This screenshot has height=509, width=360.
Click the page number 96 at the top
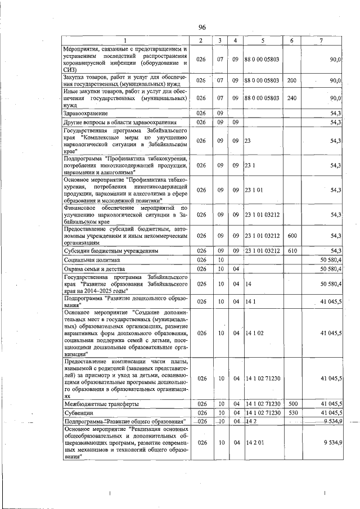(x=202, y=28)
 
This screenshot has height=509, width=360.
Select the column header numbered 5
(x=262, y=40)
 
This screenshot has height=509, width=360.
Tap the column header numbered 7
(x=321, y=40)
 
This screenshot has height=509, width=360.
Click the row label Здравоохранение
(x=86, y=113)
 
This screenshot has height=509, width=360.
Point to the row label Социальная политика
(x=93, y=260)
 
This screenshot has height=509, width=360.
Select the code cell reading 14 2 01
(x=255, y=443)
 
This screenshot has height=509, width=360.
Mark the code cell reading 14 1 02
(x=255, y=334)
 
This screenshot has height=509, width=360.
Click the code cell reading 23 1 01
(x=254, y=190)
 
